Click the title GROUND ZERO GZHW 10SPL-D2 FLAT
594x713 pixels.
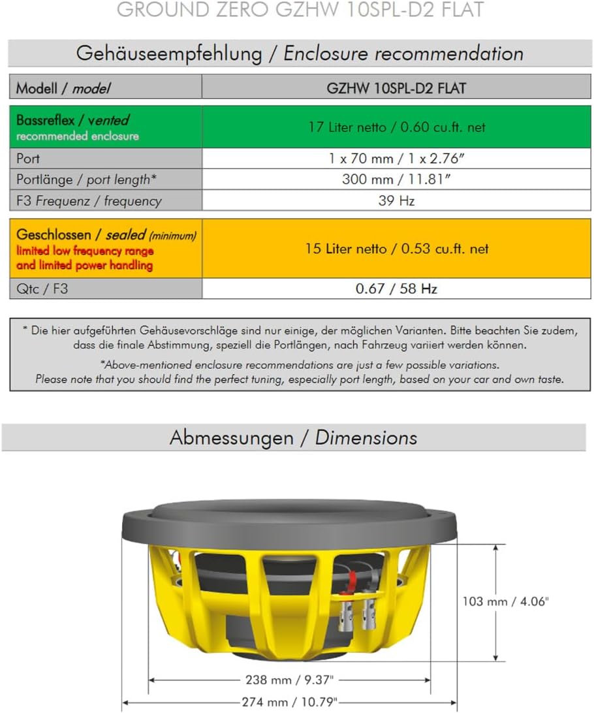click(300, 10)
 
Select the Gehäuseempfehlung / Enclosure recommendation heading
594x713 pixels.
click(300, 54)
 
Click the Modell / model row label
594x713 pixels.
click(63, 88)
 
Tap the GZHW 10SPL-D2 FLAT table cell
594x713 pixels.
click(396, 88)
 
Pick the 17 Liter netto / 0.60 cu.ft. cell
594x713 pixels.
click(396, 127)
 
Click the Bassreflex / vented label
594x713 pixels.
click(72, 120)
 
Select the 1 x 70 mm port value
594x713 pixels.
click(396, 159)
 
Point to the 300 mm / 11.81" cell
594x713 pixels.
click(396, 180)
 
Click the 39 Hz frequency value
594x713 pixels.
click(396, 201)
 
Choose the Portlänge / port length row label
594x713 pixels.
click(86, 180)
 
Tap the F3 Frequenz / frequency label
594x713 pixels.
click(89, 201)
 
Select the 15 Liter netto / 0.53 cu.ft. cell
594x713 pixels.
click(396, 249)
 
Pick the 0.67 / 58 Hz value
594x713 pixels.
click(396, 289)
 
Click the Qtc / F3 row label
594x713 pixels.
click(42, 289)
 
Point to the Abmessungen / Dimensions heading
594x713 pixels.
click(293, 437)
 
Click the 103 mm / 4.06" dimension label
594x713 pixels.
click(505, 601)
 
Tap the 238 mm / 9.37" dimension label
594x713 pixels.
click(292, 680)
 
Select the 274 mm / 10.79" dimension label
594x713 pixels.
click(292, 702)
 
